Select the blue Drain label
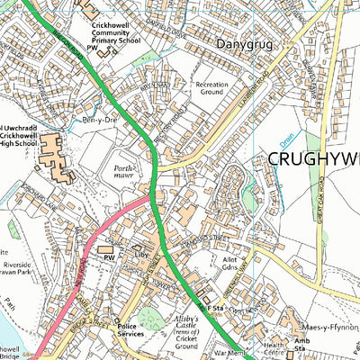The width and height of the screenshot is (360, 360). coord(286,139)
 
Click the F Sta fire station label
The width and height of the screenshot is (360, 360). coord(215,309)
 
